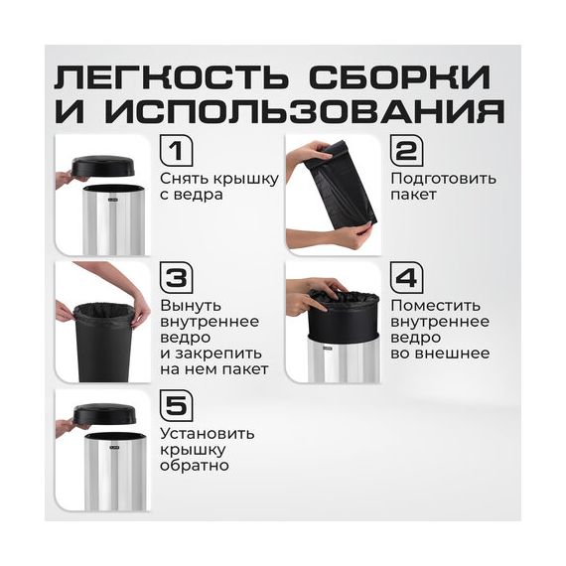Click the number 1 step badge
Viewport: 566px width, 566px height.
(x=176, y=151)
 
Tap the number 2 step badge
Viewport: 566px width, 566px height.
(x=407, y=151)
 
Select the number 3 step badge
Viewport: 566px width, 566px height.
(x=176, y=278)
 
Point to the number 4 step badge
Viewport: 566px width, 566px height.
(x=407, y=278)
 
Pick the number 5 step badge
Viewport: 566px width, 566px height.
(x=176, y=405)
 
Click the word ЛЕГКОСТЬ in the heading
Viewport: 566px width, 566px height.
(x=172, y=76)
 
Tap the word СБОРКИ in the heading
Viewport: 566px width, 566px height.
(x=400, y=76)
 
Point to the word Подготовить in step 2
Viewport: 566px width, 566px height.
(x=444, y=179)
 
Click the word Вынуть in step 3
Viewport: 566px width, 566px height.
(x=191, y=306)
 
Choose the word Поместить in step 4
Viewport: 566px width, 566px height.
(x=436, y=306)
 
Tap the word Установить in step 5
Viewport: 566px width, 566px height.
(x=208, y=433)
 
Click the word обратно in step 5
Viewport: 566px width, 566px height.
(x=195, y=465)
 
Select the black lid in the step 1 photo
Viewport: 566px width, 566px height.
(x=104, y=168)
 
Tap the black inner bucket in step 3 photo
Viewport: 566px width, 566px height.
(x=103, y=343)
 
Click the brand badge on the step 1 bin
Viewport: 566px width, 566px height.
(x=112, y=199)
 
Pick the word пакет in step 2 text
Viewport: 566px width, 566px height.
(x=414, y=196)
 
